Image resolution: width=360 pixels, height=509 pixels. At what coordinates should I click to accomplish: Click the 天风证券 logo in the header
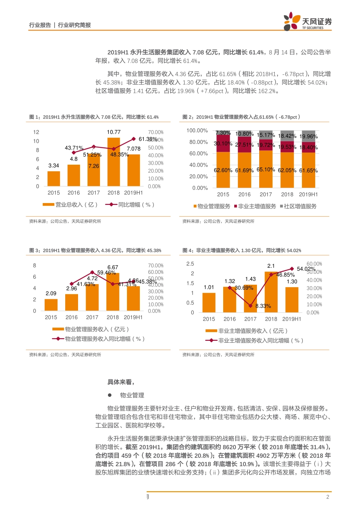[307, 22]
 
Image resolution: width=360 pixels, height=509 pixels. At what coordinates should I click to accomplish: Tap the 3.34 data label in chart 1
[53, 166]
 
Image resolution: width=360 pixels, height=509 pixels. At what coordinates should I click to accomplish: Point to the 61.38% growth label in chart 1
[148, 139]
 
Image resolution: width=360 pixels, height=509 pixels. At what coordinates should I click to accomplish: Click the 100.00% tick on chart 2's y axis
[197, 130]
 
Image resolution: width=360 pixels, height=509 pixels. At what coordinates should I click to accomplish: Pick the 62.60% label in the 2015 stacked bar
[223, 170]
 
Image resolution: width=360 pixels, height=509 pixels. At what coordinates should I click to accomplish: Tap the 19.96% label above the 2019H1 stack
[308, 136]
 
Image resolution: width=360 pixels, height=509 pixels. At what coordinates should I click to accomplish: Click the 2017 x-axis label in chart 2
[266, 194]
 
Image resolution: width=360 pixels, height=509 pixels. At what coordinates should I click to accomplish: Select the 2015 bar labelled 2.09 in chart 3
[51, 304]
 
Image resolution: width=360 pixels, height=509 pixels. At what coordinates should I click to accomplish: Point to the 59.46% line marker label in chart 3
[106, 273]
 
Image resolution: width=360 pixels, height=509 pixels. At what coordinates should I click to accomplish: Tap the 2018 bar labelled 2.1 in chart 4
[271, 292]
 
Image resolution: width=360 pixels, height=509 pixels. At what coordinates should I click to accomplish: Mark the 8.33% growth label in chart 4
[263, 306]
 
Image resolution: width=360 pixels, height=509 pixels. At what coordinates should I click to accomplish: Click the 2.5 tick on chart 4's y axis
[190, 264]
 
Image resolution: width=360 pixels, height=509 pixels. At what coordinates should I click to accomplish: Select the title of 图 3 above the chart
[95, 250]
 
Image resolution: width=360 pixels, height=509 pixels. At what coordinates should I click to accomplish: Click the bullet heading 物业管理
[132, 395]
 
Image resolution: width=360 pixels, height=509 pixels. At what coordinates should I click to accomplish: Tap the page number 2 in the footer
[328, 497]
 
